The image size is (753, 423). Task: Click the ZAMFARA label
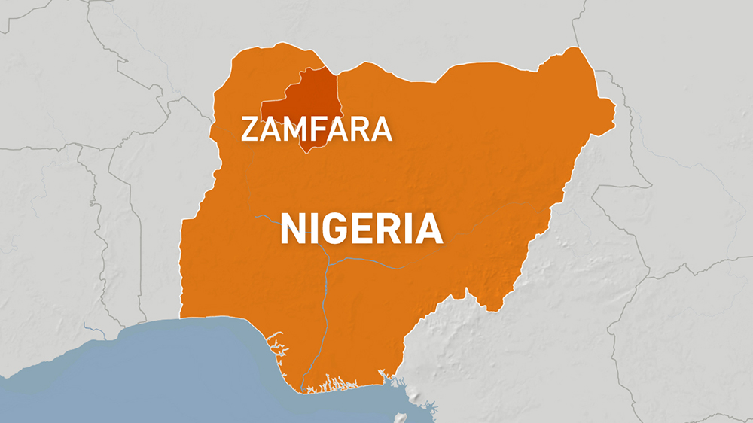(x=316, y=129)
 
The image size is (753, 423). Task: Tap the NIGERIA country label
(x=361, y=229)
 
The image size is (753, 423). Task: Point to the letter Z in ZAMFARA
(x=252, y=129)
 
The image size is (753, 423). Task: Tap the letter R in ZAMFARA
(x=359, y=129)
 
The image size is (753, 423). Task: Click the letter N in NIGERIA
(x=294, y=229)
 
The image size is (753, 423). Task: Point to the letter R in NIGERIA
(x=394, y=229)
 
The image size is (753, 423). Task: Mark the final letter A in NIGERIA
(x=428, y=229)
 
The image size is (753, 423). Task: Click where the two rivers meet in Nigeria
(x=328, y=263)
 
